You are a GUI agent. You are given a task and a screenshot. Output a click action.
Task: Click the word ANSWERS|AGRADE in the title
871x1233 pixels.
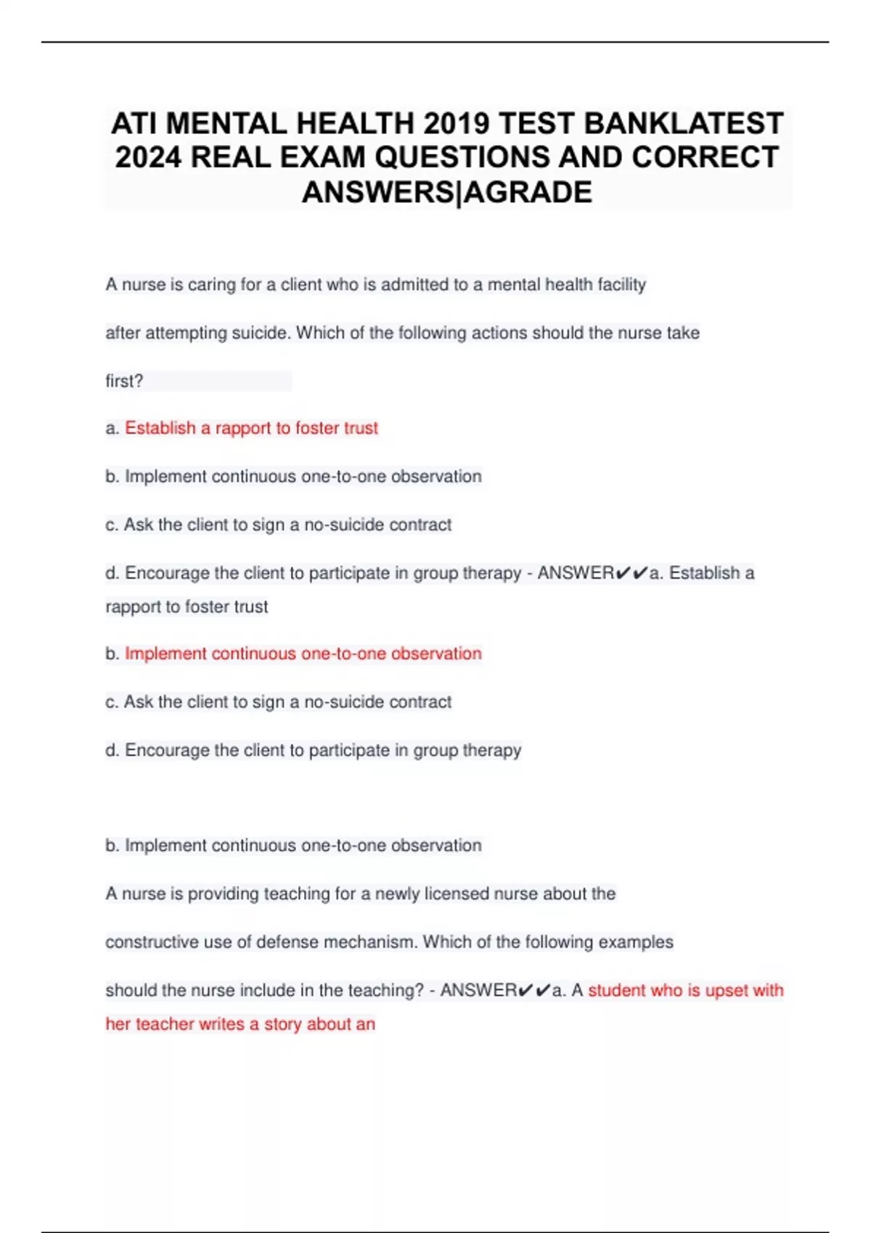click(x=446, y=192)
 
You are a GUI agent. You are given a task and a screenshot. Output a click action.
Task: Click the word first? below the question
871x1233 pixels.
click(x=124, y=381)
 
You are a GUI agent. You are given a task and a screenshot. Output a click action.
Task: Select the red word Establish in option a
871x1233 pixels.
click(x=160, y=428)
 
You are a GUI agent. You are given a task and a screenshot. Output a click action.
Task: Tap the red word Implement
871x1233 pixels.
click(x=165, y=653)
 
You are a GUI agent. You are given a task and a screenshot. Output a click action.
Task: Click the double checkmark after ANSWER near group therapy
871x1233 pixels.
click(x=631, y=573)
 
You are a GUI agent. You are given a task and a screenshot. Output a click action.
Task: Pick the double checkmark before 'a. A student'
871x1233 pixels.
click(x=534, y=990)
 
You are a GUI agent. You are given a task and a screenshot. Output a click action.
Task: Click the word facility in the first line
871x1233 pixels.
click(x=621, y=284)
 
